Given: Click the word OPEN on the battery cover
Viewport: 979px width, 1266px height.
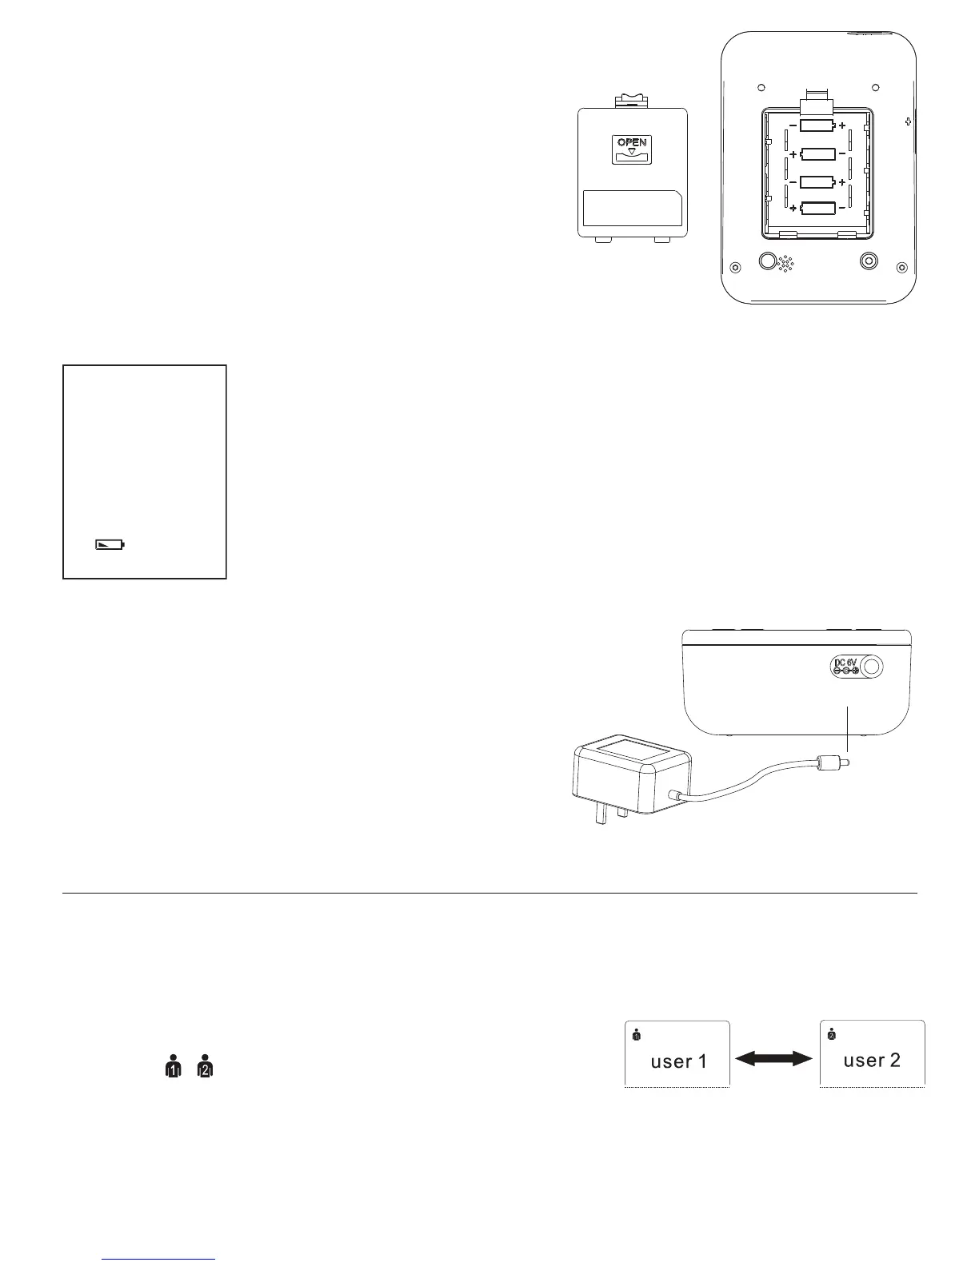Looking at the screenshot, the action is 632,143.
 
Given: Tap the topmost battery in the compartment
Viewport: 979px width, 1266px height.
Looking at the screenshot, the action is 817,126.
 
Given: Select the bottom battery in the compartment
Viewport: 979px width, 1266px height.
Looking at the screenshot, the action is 817,209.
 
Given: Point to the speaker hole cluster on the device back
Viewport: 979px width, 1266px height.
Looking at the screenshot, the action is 786,265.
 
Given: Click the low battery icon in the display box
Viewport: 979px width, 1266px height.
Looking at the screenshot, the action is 110,545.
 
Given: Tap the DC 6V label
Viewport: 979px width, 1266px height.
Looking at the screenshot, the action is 845,662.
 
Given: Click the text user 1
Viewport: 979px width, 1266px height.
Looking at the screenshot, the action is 678,1061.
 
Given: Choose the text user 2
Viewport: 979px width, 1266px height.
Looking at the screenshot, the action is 872,1061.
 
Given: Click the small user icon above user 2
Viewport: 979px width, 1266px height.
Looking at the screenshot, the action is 831,1033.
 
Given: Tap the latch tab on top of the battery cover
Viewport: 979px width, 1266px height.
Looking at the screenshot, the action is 632,101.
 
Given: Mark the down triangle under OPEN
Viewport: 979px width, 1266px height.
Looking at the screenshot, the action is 632,151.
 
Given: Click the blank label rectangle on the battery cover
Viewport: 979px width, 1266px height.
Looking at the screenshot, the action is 632,209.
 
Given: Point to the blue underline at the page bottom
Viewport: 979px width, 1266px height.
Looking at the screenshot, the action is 159,1260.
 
